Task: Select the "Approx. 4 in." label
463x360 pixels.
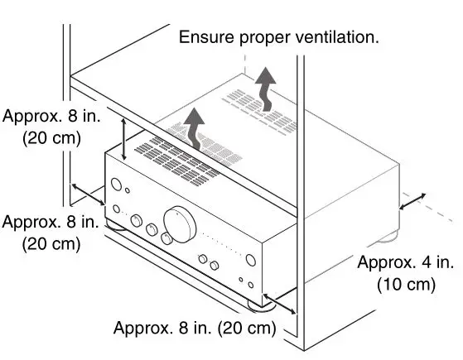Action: pos(406,262)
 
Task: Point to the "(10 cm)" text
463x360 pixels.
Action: pos(406,285)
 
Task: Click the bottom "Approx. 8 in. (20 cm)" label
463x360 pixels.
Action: pos(194,327)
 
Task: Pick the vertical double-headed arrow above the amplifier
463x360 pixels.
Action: pos(124,139)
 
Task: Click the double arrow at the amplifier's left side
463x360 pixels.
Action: pos(89,195)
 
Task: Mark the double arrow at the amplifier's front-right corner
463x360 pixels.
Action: pos(279,303)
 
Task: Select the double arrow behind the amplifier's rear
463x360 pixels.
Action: pos(412,202)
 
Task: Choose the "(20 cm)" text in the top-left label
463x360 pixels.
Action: pos(51,138)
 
